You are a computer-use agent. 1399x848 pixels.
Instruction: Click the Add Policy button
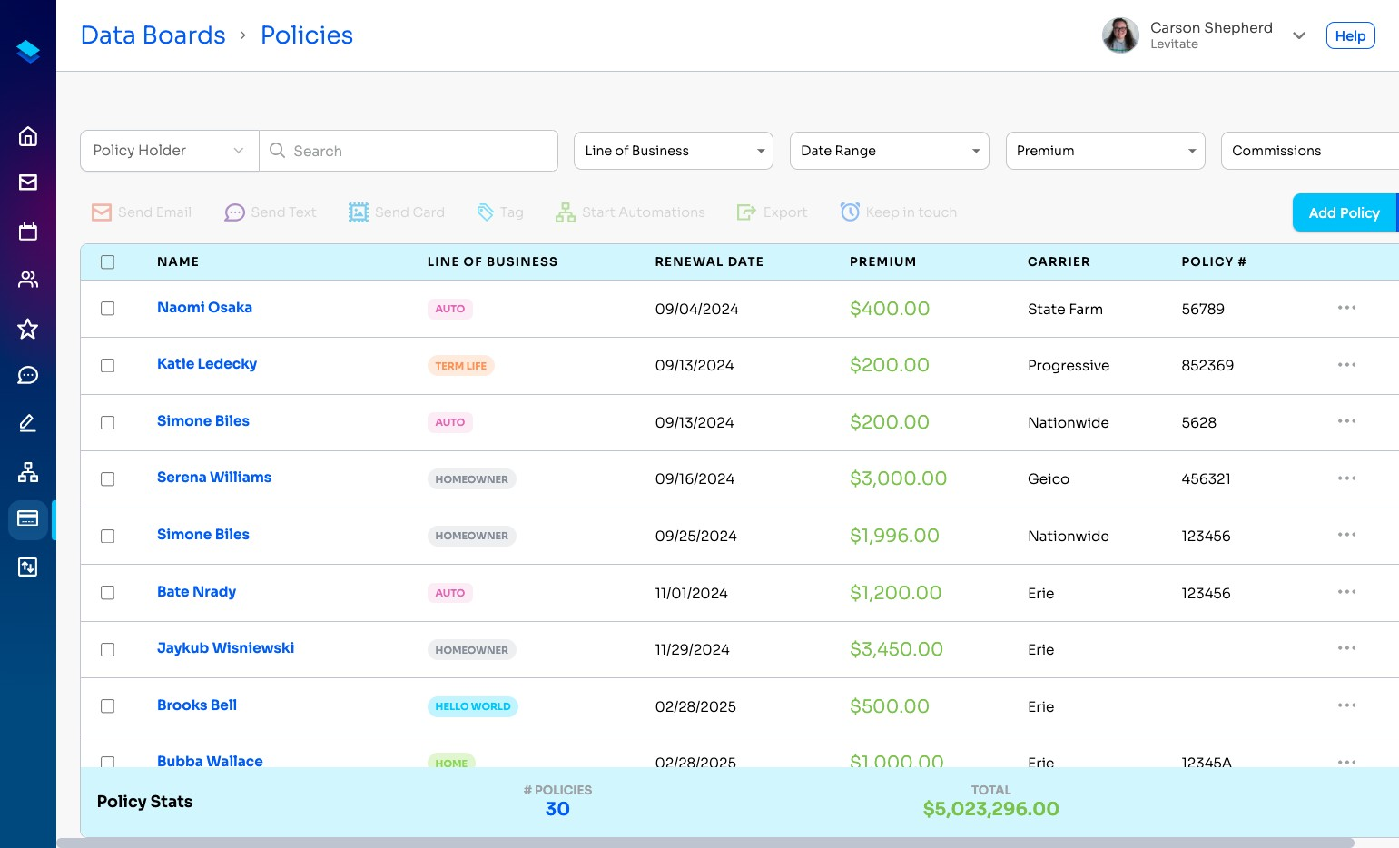(1344, 212)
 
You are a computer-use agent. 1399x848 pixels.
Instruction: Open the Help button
(1350, 36)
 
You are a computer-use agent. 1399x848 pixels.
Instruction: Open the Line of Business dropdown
(673, 151)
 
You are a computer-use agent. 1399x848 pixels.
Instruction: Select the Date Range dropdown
(889, 151)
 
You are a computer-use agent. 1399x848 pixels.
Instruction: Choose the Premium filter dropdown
(1105, 151)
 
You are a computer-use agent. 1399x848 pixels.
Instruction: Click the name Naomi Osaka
(204, 308)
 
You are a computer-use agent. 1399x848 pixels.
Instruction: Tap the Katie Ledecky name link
(207, 364)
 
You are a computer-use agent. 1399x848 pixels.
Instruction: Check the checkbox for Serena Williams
(108, 479)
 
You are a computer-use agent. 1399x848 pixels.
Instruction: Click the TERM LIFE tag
(460, 366)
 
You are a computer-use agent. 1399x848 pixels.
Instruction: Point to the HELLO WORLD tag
(472, 706)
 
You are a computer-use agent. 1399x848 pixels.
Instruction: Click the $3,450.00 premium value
(896, 649)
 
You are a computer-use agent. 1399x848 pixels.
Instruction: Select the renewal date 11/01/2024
(691, 593)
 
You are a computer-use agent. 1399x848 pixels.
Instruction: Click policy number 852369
(1207, 366)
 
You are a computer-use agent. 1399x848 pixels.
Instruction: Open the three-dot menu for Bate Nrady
(1346, 592)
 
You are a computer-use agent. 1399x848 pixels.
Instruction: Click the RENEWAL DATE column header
(708, 261)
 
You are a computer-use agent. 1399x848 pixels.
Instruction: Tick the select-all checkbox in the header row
(108, 262)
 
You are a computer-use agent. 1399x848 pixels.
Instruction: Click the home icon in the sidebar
(28, 136)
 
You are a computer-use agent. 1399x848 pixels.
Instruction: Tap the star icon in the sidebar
(28, 329)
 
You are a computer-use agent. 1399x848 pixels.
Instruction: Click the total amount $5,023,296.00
(990, 809)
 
